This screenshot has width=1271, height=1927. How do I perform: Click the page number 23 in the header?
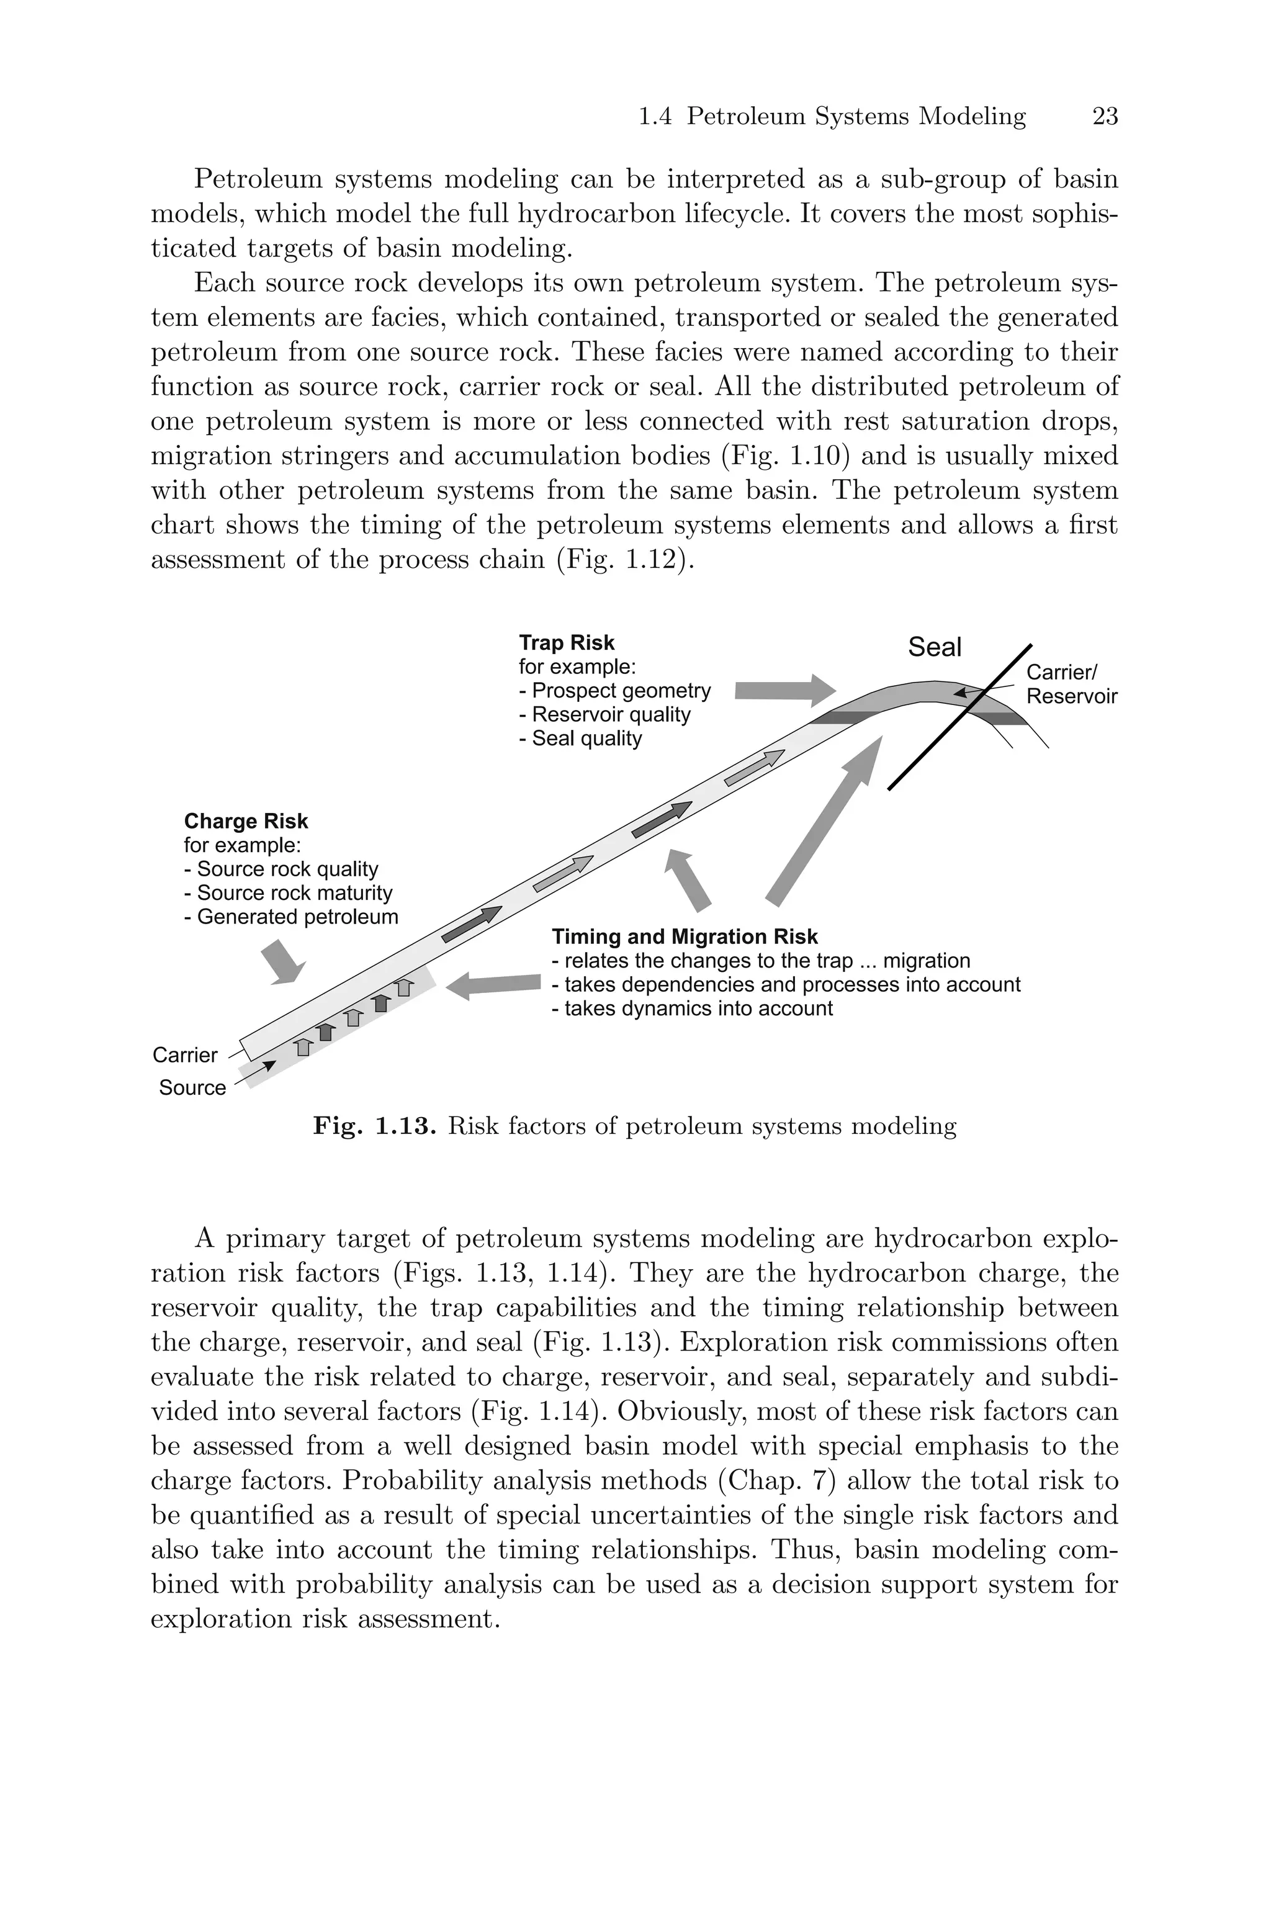pyautogui.click(x=1105, y=117)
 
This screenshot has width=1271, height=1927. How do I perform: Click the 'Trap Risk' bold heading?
pyautogui.click(x=567, y=642)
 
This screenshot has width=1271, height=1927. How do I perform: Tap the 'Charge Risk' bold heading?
pyautogui.click(x=246, y=821)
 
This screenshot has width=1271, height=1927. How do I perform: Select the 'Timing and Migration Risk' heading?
pyautogui.click(x=685, y=937)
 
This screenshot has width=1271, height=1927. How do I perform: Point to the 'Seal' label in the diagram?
pyautogui.click(x=935, y=647)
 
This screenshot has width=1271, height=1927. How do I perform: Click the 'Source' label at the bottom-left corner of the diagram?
pyautogui.click(x=192, y=1087)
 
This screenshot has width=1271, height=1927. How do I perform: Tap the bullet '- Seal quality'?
pyautogui.click(x=581, y=739)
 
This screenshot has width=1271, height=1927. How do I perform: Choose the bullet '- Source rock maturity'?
pyautogui.click(x=289, y=893)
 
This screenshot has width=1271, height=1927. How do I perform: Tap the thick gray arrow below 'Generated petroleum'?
pyautogui.click(x=284, y=963)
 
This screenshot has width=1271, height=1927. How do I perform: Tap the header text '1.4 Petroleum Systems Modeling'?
pyautogui.click(x=832, y=117)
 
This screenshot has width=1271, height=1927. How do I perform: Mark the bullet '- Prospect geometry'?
pyautogui.click(x=615, y=690)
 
